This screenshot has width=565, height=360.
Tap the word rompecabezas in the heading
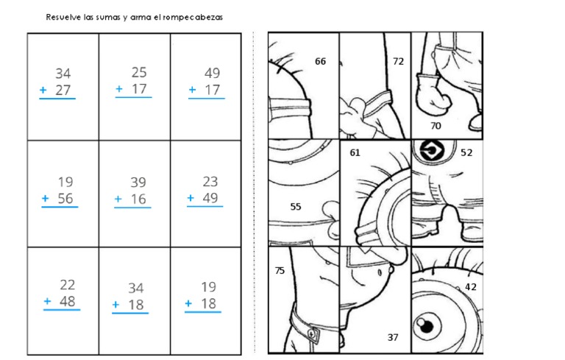193,18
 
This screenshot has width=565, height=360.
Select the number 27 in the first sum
63,90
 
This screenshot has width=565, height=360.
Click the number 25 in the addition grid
139,72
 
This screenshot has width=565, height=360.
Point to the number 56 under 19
65,198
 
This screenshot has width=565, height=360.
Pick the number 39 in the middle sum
138,183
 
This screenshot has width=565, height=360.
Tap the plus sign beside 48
47,301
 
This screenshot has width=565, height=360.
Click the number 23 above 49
210,181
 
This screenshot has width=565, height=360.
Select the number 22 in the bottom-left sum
68,285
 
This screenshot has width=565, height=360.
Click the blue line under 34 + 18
130,313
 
